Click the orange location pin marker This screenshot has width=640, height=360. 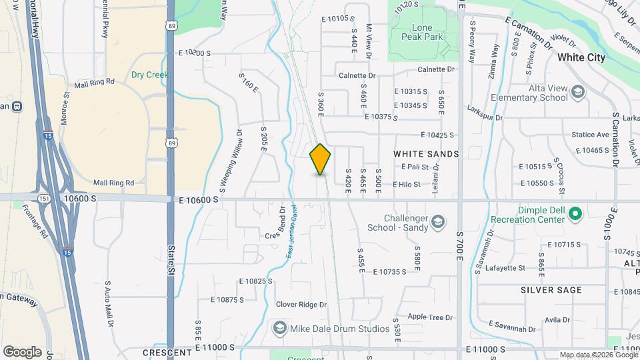pos(320,159)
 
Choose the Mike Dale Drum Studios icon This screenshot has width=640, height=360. pos(279,329)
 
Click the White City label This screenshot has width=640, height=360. pos(581,57)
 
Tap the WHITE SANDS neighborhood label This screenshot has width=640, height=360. pos(426,154)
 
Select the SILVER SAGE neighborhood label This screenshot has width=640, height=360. pos(551,290)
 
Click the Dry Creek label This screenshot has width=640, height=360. pos(149,75)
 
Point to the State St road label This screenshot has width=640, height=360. pos(171,255)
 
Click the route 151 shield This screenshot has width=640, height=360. pos(43,198)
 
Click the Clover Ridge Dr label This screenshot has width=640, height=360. pos(301,305)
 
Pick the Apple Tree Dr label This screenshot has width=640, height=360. pos(430,317)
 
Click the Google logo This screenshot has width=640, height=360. pos(22,352)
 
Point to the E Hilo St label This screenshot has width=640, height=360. pos(407,184)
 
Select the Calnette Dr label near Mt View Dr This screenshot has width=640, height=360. pos(357,75)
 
